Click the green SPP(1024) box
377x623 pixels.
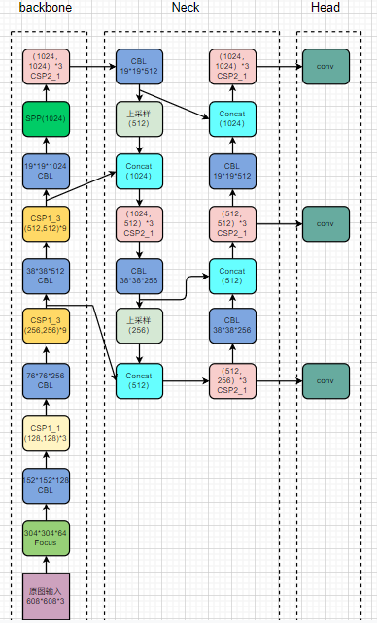[x=47, y=118]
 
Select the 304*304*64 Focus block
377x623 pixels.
[x=47, y=538]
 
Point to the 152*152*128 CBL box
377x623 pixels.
[x=47, y=485]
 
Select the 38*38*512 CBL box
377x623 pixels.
[x=47, y=276]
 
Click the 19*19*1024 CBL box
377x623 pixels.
[x=47, y=171]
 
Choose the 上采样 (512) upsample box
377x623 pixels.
[x=139, y=118]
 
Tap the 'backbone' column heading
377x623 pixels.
[x=46, y=8]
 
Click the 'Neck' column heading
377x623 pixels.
[x=187, y=8]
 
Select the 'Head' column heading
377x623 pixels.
[x=326, y=8]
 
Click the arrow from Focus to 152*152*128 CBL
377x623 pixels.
[x=47, y=512]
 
